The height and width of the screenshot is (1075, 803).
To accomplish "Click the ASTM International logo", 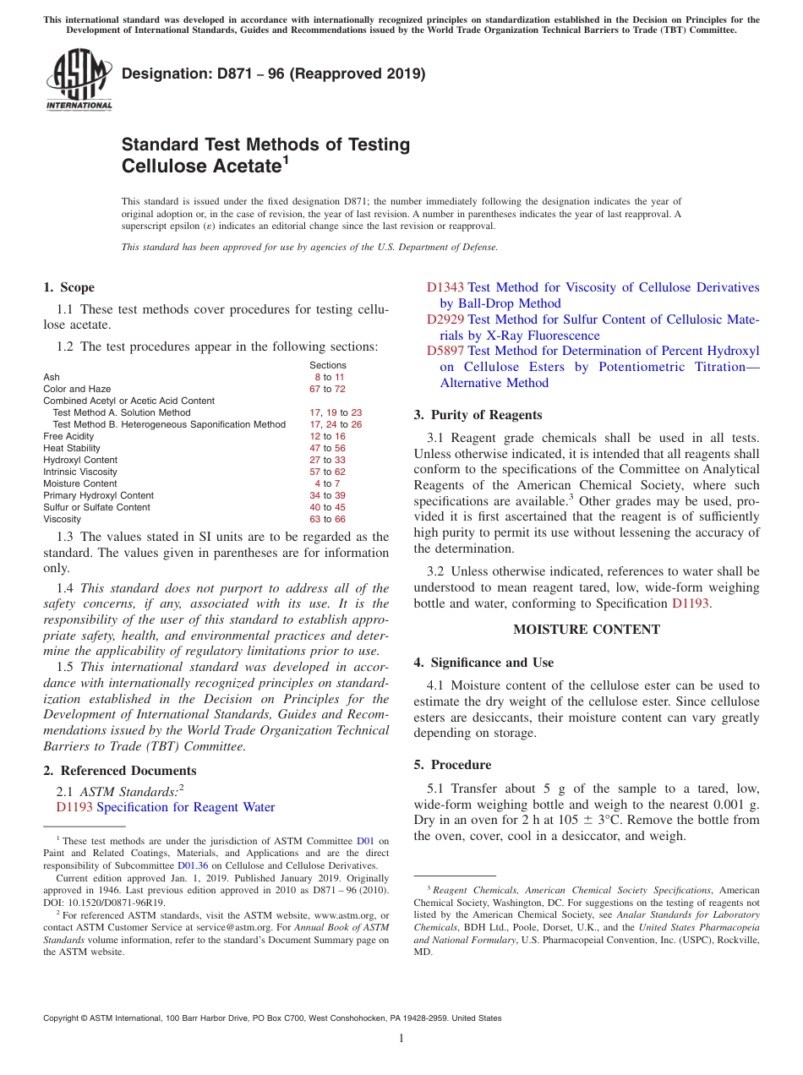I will click(x=79, y=79).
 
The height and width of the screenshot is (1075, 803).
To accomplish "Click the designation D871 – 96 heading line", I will click(x=273, y=74).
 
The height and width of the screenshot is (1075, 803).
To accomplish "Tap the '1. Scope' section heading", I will click(x=68, y=287).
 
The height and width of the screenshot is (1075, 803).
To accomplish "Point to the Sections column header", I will click(x=327, y=365).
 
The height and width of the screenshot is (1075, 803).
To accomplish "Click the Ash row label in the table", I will click(x=51, y=377).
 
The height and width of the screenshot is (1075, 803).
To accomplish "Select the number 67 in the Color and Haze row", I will click(x=315, y=389).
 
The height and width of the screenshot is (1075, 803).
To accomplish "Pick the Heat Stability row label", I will click(x=72, y=448).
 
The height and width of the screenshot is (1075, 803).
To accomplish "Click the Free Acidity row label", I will click(x=68, y=436).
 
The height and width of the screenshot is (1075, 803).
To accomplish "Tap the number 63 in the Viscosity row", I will click(x=315, y=519).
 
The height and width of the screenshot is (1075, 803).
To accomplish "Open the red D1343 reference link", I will click(x=445, y=287).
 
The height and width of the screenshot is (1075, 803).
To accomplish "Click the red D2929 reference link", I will click(x=445, y=319).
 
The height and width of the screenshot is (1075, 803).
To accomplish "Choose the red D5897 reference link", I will click(x=445, y=351).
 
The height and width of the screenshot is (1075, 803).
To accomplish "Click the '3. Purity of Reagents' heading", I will click(x=478, y=415).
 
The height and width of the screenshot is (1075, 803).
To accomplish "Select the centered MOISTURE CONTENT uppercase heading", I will click(x=587, y=630).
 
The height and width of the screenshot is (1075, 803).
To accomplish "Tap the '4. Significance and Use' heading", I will click(x=483, y=663).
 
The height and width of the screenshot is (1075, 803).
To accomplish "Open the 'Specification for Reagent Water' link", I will click(x=186, y=807).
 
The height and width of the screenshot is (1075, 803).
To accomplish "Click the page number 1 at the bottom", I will click(x=401, y=1039).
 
